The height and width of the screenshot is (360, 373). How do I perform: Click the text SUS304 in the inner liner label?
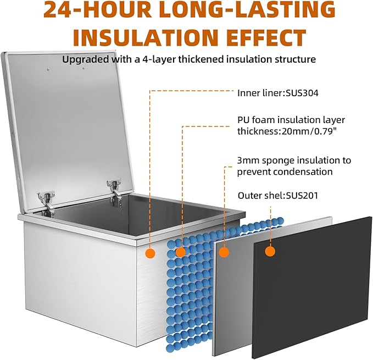coord(302,93)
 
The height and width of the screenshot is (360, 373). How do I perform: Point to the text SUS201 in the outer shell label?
coord(302,196)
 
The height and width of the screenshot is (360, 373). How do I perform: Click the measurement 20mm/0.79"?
coord(309,131)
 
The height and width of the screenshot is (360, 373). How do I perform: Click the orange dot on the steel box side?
coord(150,253)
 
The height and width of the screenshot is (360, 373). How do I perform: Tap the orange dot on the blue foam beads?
coord(181,252)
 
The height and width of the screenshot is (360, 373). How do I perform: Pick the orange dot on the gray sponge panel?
coord(224,252)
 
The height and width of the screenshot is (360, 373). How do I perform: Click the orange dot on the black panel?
coord(270,251)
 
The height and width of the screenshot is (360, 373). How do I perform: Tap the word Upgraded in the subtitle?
coord(85,59)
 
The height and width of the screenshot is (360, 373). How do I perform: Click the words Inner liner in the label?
coord(261,93)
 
